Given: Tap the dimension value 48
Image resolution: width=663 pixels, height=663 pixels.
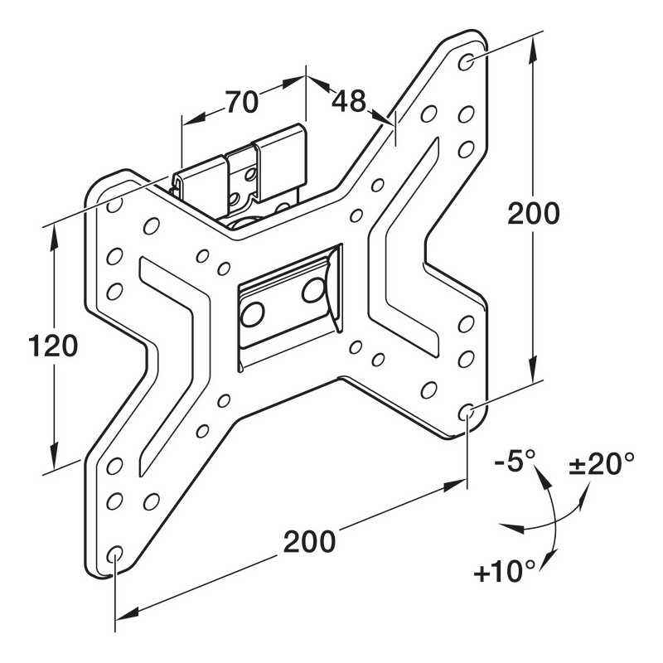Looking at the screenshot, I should [348, 101].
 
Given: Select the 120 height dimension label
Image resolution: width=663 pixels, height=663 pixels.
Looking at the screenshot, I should [52, 345].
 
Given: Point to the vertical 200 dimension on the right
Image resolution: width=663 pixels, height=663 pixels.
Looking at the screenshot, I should [534, 214].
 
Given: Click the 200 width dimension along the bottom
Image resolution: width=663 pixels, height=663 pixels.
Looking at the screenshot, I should [310, 542].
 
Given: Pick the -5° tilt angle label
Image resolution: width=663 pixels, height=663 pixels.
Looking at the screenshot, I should [515, 461].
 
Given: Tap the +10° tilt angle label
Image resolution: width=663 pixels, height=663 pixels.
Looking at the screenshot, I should [505, 571].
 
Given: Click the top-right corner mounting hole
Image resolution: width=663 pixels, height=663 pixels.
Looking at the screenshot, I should [467, 61].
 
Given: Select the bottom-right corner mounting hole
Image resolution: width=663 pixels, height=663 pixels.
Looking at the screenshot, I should [467, 410].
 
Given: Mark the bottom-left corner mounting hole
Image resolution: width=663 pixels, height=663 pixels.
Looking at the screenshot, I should [115, 554].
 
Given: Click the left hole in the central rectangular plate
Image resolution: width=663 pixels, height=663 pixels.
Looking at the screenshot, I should [253, 313].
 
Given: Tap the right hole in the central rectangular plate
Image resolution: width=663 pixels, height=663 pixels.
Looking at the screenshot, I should [313, 290].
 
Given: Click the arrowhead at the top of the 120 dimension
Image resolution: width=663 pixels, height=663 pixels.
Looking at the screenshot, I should [55, 233].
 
